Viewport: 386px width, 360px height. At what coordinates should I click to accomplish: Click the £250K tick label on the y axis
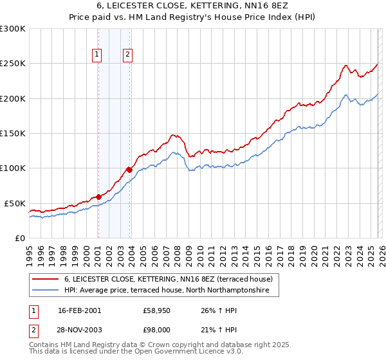pos(13,64)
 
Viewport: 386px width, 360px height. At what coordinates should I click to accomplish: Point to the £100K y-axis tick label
pos(13,168)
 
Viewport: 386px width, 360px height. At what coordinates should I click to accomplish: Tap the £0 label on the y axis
pos(20,238)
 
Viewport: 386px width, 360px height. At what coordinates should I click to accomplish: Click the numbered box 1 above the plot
pos(97,55)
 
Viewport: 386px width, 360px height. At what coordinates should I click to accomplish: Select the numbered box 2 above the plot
pos(128,55)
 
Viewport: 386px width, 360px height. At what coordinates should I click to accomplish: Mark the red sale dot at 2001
pos(98,197)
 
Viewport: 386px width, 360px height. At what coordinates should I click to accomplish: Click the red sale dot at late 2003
pos(129,170)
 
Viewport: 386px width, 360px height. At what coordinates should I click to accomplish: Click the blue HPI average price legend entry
pos(172,291)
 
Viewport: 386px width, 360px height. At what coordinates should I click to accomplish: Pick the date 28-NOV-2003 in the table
pos(80,331)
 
